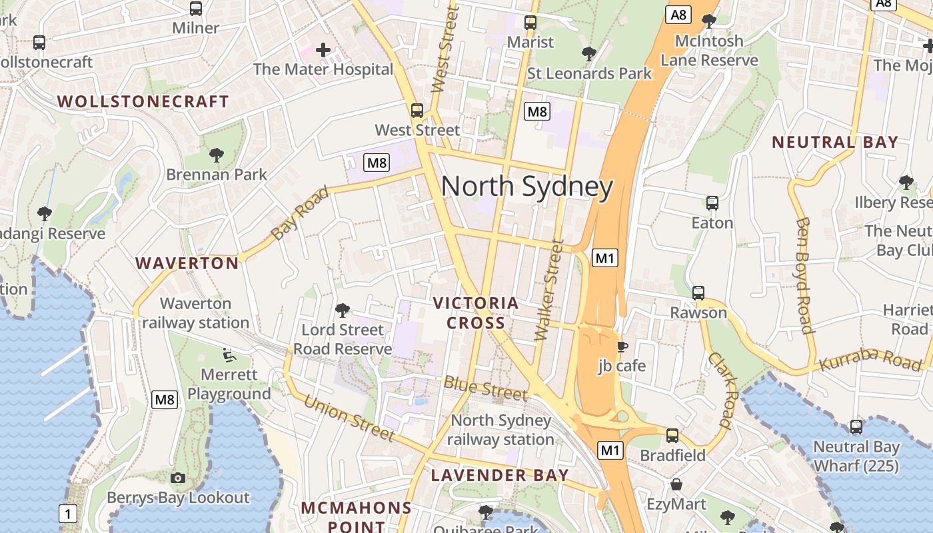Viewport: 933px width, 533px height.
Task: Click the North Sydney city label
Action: pyautogui.click(x=526, y=187)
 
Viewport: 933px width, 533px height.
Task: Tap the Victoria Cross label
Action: pyautogui.click(x=476, y=313)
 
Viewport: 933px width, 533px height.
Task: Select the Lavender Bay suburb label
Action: pyautogui.click(x=500, y=475)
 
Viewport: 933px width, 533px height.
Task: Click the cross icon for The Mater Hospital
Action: pyautogui.click(x=323, y=50)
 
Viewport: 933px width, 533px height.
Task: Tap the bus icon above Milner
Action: pyautogui.click(x=196, y=9)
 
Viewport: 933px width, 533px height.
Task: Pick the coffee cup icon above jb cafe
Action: pyautogui.click(x=622, y=346)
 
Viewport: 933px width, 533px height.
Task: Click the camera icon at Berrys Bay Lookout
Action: pyautogui.click(x=178, y=478)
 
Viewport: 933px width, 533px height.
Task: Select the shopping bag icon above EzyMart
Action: pyautogui.click(x=676, y=484)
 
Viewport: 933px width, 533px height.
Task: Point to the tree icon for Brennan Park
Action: pyautogui.click(x=216, y=155)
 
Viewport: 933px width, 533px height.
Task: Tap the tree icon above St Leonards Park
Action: pyautogui.click(x=588, y=53)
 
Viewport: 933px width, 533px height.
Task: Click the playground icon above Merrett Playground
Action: pyautogui.click(x=229, y=355)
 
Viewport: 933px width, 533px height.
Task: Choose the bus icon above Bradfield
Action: pyautogui.click(x=672, y=436)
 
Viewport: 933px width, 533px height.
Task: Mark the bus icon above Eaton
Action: pyautogui.click(x=712, y=203)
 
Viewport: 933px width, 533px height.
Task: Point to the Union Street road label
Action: pyautogui.click(x=350, y=418)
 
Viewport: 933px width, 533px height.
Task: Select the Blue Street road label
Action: pyautogui.click(x=485, y=388)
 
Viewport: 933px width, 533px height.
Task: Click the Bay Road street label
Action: pyautogui.click(x=300, y=213)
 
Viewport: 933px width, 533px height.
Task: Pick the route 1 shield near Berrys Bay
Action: pyautogui.click(x=68, y=514)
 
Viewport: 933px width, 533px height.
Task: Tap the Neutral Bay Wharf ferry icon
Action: pyautogui.click(x=856, y=427)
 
